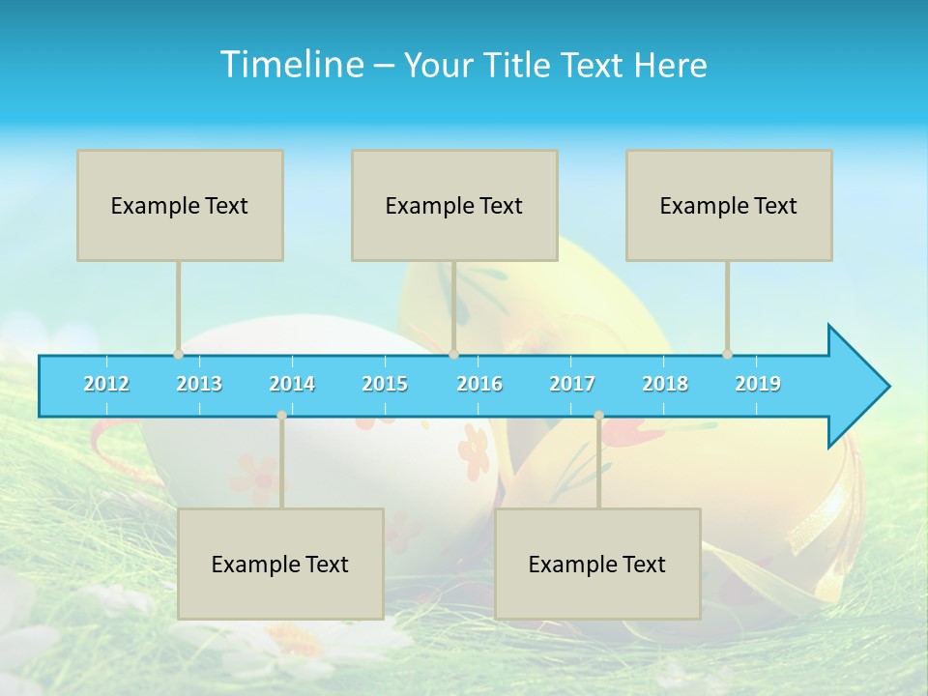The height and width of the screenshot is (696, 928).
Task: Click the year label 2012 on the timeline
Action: click(x=106, y=385)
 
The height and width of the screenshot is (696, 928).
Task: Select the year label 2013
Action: click(x=199, y=385)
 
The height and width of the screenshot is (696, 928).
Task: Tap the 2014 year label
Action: click(x=292, y=385)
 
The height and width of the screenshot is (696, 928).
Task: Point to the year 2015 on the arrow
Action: click(x=385, y=385)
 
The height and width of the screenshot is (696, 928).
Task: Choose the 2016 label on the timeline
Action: click(x=479, y=385)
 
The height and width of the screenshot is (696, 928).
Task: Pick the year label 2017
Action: click(x=572, y=385)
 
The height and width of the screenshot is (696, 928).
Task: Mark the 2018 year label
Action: click(x=665, y=385)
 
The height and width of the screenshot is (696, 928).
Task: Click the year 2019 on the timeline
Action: click(x=758, y=385)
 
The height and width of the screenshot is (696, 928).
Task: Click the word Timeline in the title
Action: click(x=291, y=65)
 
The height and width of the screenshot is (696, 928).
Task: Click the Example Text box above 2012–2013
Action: click(x=180, y=205)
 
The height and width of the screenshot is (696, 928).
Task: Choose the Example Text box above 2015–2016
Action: click(x=454, y=205)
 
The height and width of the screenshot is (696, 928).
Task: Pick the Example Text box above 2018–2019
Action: click(x=729, y=205)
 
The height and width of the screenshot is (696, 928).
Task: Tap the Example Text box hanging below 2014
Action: click(x=280, y=564)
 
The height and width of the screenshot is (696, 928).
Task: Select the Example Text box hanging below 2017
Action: click(x=597, y=564)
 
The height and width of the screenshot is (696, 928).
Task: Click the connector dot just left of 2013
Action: click(x=178, y=354)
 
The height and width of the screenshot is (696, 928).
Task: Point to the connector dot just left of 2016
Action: click(x=453, y=354)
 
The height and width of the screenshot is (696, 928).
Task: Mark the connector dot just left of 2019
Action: click(x=727, y=354)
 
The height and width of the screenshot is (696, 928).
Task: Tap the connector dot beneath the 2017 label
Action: click(x=598, y=416)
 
